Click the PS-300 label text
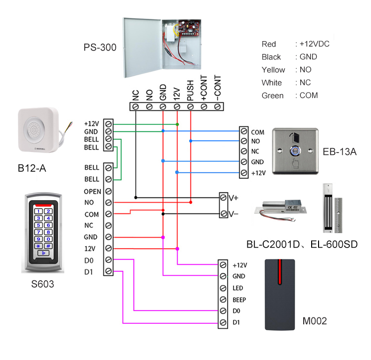point(100,48)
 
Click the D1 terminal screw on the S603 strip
point(108,271)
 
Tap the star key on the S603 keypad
point(38,246)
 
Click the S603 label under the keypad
point(42,284)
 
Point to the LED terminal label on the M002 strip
point(238,288)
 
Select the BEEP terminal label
point(239,300)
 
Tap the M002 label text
point(315,321)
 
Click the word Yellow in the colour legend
point(273,70)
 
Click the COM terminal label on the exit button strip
point(257,132)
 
